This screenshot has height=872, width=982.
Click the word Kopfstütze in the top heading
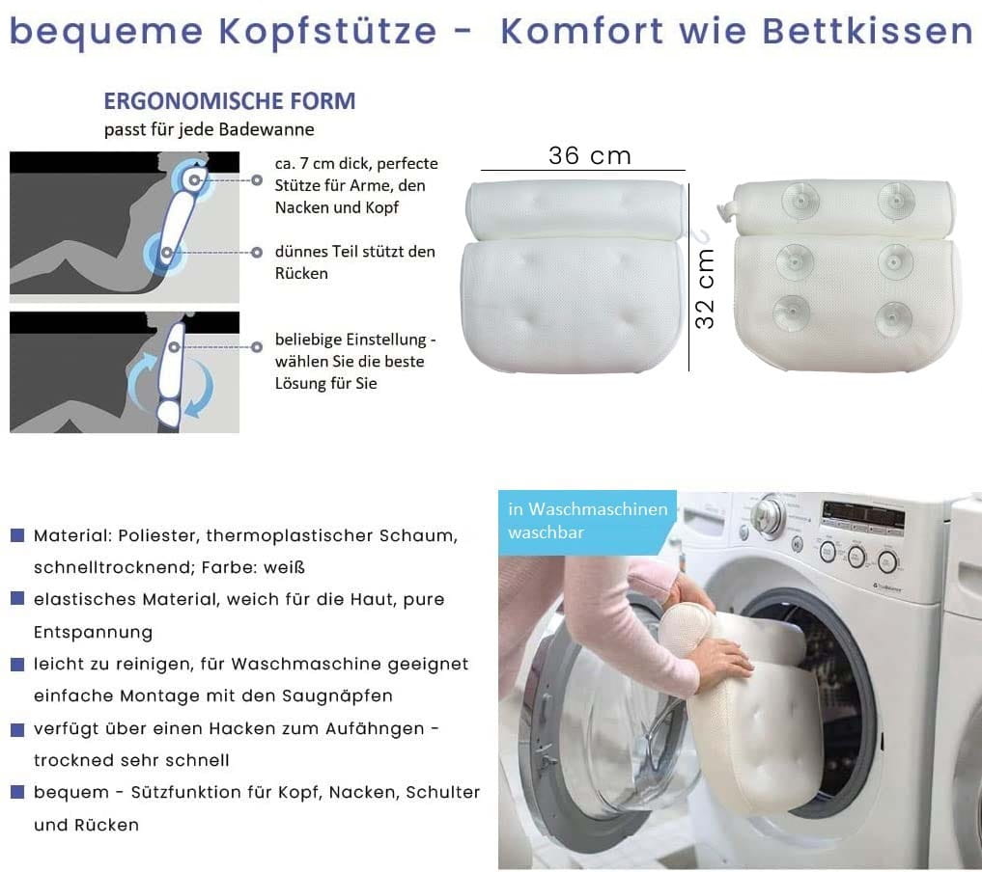(x=327, y=31)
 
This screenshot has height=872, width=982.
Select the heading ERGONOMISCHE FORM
(x=229, y=100)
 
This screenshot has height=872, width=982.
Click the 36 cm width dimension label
(x=589, y=155)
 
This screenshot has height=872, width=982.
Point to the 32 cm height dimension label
(x=705, y=288)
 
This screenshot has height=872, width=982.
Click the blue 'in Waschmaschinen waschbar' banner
(x=587, y=522)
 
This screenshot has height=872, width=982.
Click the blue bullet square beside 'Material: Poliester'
(x=17, y=534)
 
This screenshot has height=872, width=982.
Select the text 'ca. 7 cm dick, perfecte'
(x=356, y=164)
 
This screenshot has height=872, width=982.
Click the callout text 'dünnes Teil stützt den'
(x=354, y=252)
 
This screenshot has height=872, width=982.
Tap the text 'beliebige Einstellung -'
(x=355, y=340)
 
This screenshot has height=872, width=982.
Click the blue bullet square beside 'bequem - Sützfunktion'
(x=17, y=792)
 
